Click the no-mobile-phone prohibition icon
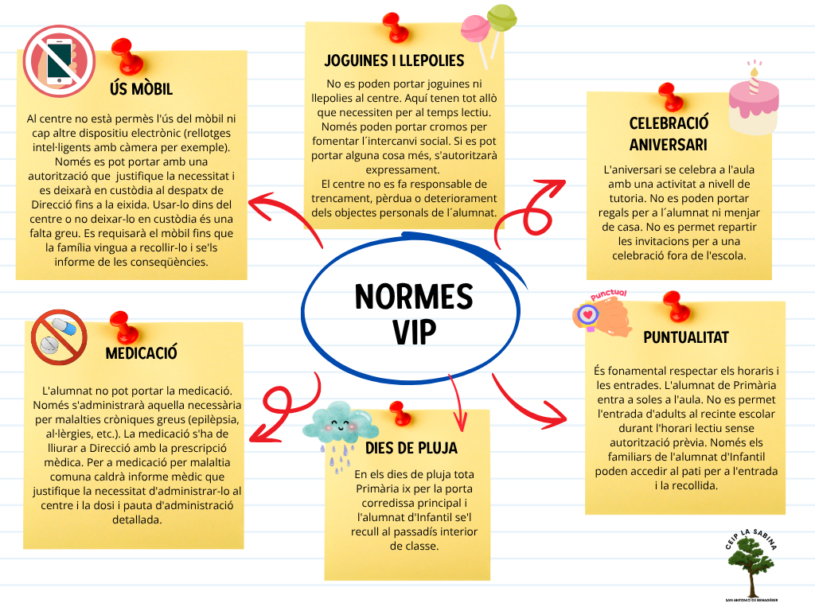coord(59,62)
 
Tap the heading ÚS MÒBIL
coord(142,89)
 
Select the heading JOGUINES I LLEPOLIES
coord(395,60)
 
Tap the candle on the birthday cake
coord(755,79)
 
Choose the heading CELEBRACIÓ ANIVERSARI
coord(669,134)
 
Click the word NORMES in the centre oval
coord(414,297)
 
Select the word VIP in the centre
coord(414,332)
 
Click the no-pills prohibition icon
coord(59,337)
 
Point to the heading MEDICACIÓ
coord(142,353)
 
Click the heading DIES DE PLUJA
coord(411,449)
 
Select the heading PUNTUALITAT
coord(686,337)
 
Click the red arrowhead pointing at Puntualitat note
coord(555,415)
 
